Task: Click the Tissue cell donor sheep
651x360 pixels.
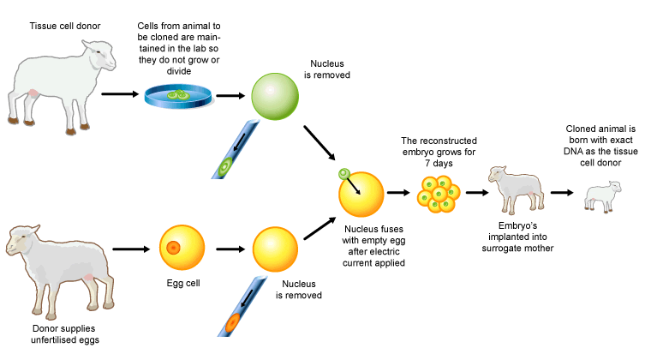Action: click(x=60, y=86)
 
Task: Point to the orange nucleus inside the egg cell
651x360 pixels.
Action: click(x=173, y=248)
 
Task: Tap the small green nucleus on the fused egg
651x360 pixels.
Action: click(x=344, y=175)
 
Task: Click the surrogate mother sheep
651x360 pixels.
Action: click(x=516, y=195)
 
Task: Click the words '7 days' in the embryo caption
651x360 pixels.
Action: click(x=439, y=163)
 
